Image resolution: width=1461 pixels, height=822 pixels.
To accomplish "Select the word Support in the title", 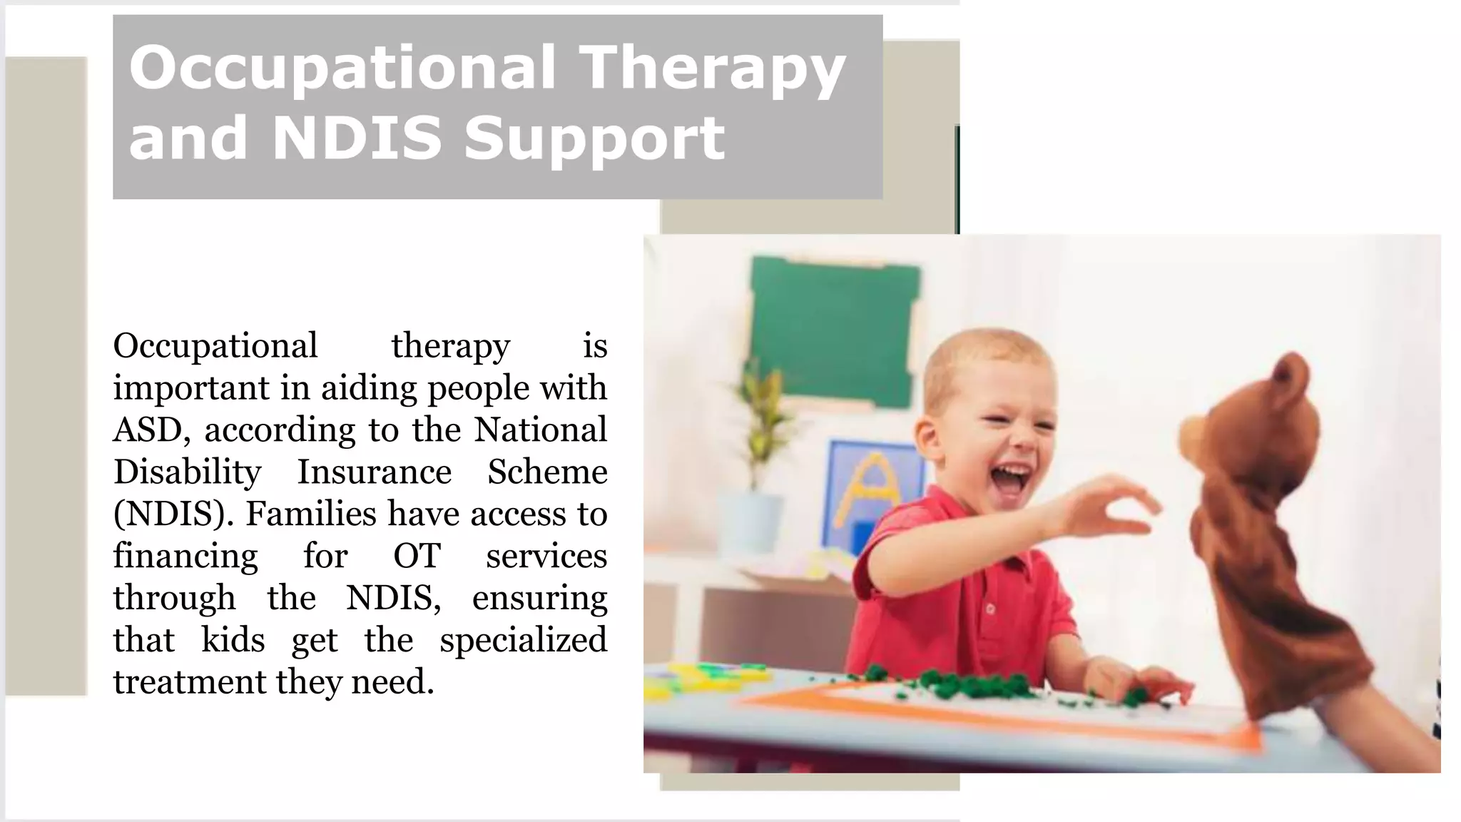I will pos(594,138).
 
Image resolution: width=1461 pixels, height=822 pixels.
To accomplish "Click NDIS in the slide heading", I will pos(357,138).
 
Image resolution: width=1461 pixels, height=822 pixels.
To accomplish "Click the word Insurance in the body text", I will pos(374,472).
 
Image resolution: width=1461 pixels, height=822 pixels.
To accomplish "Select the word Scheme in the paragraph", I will pos(547,472).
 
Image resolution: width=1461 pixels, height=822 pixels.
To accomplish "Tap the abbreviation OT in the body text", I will pos(417,557).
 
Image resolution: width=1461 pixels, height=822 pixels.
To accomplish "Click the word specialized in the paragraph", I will pos(523,640).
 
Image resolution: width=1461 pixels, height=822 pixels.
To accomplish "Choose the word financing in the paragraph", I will pos(185,557).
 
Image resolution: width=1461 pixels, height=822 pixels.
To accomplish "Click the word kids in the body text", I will pos(233,640).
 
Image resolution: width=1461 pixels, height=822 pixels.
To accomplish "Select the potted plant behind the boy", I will pos(760,442).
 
